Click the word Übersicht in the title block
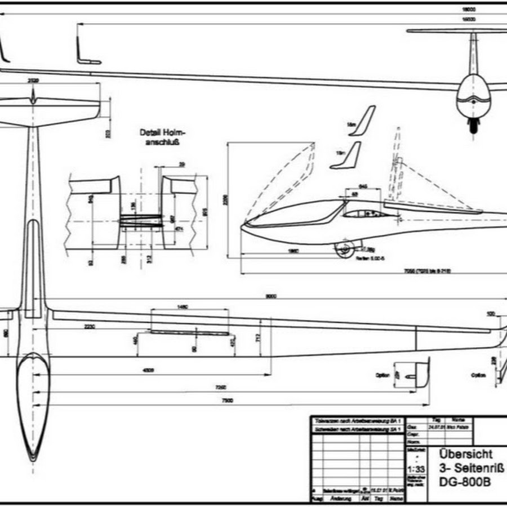click(465, 453)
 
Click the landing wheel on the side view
click(345, 248)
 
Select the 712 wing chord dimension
click(257, 337)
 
